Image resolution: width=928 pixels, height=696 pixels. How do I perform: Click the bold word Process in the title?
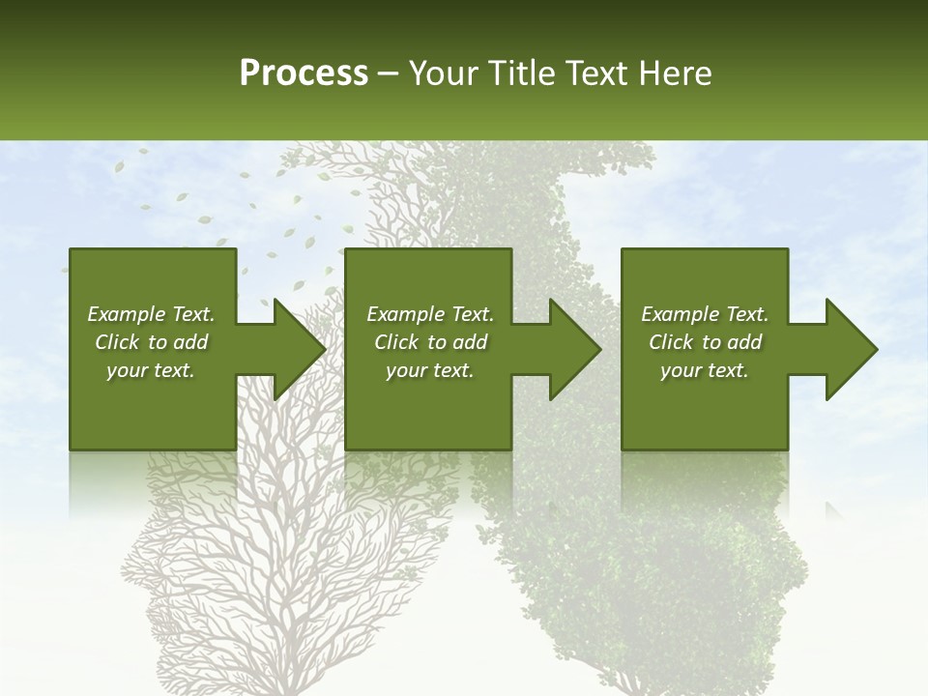pyautogui.click(x=304, y=72)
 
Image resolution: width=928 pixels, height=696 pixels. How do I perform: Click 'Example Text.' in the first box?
pyautogui.click(x=151, y=314)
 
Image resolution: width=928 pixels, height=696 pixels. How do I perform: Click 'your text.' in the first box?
pyautogui.click(x=151, y=370)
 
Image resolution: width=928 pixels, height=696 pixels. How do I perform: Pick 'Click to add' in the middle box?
pyautogui.click(x=430, y=342)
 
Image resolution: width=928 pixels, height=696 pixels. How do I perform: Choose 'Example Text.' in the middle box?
pyautogui.click(x=430, y=314)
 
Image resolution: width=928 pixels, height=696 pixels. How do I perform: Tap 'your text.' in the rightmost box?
pyautogui.click(x=705, y=370)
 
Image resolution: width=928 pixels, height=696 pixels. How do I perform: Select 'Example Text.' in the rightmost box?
pyautogui.click(x=705, y=314)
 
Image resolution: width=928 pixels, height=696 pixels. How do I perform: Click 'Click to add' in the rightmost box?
pyautogui.click(x=705, y=342)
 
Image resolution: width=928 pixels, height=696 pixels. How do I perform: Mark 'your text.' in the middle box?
pyautogui.click(x=430, y=370)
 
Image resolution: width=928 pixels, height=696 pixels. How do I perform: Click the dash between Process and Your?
pyautogui.click(x=388, y=73)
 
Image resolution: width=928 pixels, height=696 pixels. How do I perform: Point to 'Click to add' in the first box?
pyautogui.click(x=151, y=342)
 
